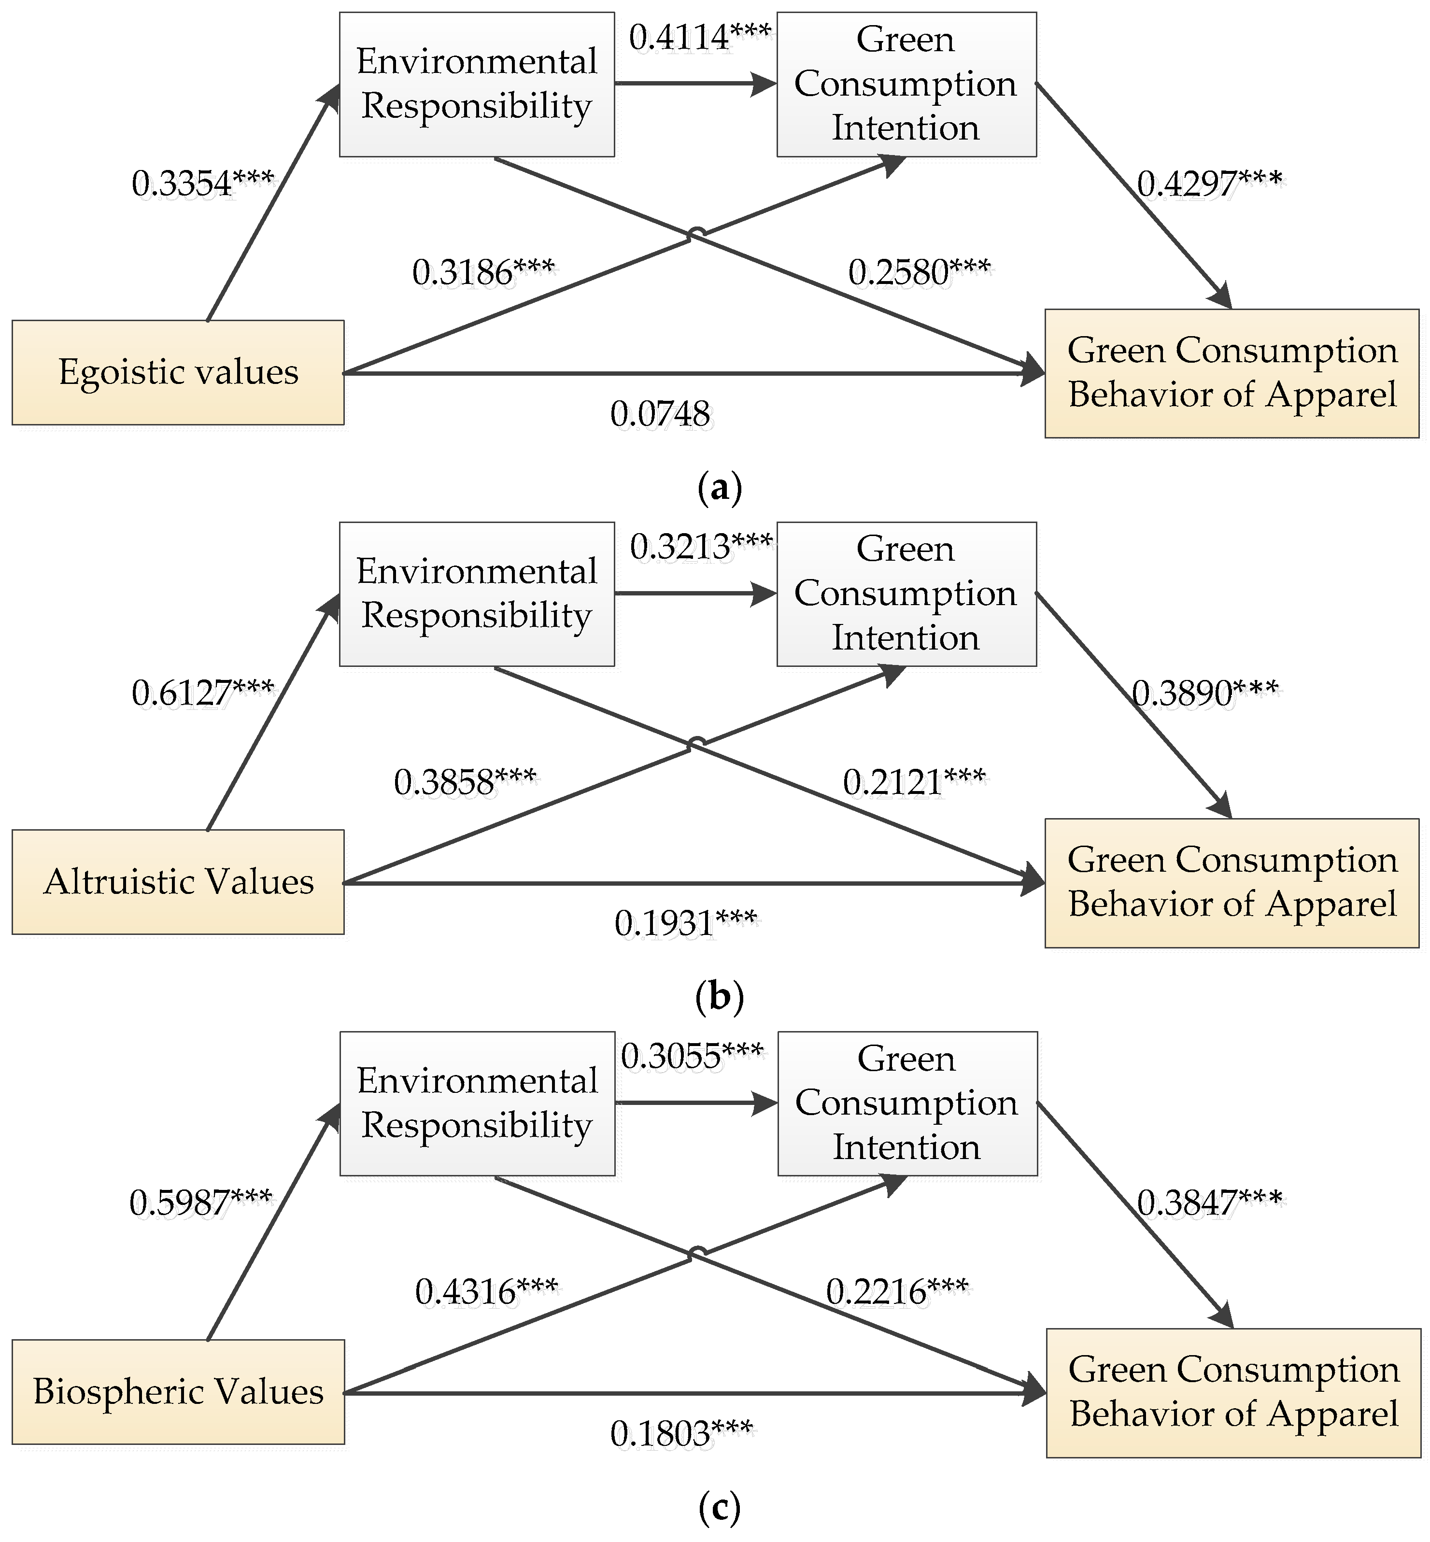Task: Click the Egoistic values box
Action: [x=178, y=372]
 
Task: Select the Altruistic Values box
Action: [x=178, y=881]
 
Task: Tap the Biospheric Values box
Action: [x=178, y=1391]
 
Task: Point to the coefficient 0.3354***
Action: [x=203, y=184]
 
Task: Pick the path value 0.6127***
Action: [x=203, y=693]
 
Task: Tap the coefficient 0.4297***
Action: [x=1209, y=184]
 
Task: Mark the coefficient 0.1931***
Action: [x=686, y=923]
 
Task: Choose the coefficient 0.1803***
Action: [x=681, y=1433]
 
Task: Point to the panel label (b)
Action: [x=719, y=997]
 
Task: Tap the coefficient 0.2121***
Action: [x=914, y=782]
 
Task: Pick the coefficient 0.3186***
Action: [x=483, y=272]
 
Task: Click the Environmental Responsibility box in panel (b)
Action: [x=477, y=594]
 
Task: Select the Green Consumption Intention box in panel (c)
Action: [x=907, y=1103]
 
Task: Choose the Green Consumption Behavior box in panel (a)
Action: [x=1232, y=373]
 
